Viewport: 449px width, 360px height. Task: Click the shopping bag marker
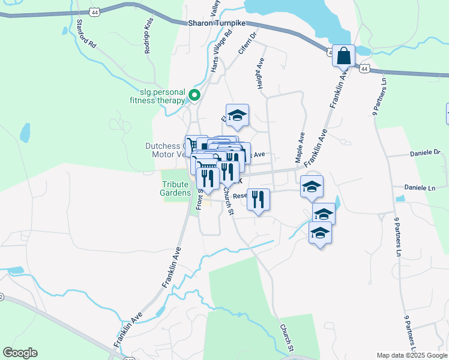coord(345,58)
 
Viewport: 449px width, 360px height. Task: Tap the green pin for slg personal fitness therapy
coord(194,95)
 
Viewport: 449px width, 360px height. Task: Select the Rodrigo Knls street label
coord(148,40)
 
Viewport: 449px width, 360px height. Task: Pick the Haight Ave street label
coord(261,74)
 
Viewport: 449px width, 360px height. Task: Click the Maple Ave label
coord(299,148)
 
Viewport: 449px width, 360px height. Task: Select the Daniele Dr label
coord(426,153)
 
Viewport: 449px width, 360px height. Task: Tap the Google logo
coord(20,353)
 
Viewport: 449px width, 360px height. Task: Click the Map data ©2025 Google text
coord(411,355)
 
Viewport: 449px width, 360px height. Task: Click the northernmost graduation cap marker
coord(237,116)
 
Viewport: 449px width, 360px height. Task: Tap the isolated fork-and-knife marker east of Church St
coord(258,199)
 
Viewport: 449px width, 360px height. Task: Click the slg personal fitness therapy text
coord(162,96)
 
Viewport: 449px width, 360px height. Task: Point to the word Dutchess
coord(162,146)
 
